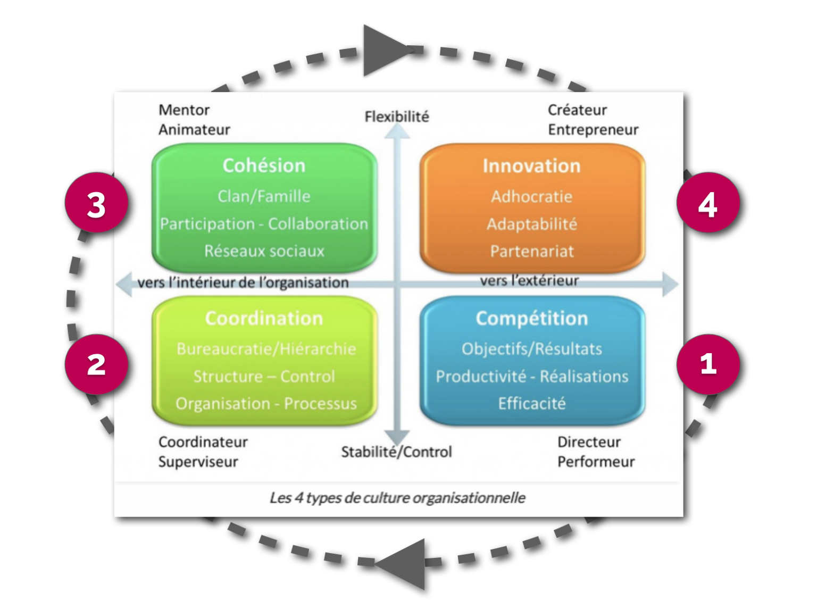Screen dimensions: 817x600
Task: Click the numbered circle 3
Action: (x=97, y=203)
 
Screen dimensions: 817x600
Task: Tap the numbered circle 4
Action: (x=708, y=203)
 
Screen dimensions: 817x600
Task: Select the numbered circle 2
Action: (x=97, y=364)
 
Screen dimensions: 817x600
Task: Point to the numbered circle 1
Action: (x=708, y=364)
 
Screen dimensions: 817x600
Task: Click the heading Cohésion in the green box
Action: (x=264, y=166)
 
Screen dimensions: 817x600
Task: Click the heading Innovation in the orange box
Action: (x=532, y=166)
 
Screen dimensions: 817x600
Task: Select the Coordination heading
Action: (x=264, y=319)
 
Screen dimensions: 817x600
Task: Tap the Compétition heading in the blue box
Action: (x=532, y=319)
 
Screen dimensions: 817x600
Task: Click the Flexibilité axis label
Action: (x=397, y=117)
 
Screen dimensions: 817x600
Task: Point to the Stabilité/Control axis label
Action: (x=397, y=452)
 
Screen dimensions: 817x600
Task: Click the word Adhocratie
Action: (x=532, y=197)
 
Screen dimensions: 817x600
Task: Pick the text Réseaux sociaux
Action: (x=264, y=251)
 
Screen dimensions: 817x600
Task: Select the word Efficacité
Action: (x=532, y=404)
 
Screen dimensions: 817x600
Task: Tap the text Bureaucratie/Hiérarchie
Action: (x=266, y=349)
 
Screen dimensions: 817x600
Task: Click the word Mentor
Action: (x=184, y=110)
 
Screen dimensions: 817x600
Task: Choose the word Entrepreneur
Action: (x=593, y=130)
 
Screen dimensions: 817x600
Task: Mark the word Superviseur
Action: (x=198, y=462)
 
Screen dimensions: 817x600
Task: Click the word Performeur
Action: (x=596, y=462)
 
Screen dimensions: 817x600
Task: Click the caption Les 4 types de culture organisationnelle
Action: (x=397, y=498)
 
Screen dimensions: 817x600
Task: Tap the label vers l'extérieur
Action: (x=529, y=281)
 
